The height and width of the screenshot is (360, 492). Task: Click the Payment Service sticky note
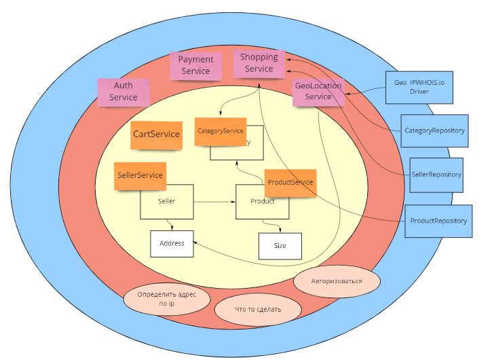[195, 65]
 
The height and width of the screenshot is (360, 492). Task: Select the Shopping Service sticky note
[259, 63]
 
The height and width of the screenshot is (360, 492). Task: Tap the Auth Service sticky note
[124, 92]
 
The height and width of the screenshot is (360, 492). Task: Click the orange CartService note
[157, 134]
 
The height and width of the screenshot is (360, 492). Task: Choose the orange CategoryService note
[220, 131]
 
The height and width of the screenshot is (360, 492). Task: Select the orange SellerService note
[140, 175]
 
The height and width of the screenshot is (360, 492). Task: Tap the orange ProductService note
[290, 183]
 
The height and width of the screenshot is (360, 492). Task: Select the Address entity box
[172, 243]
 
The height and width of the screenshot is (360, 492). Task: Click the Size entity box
[280, 246]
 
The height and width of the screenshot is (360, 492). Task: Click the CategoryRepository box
[434, 130]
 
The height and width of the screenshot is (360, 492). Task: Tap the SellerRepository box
[436, 175]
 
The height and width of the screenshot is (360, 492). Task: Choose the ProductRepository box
[438, 221]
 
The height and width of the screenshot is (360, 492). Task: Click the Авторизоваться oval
[337, 281]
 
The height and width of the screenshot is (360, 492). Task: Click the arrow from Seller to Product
[214, 202]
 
